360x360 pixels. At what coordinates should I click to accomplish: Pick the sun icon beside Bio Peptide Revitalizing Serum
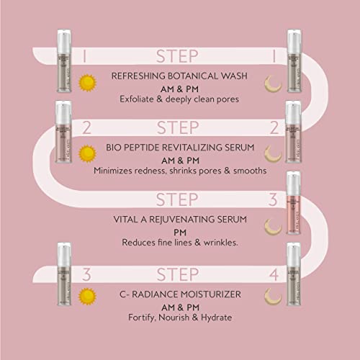(x=88, y=154)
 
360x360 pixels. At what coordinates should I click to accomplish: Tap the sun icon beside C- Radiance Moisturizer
(x=88, y=296)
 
